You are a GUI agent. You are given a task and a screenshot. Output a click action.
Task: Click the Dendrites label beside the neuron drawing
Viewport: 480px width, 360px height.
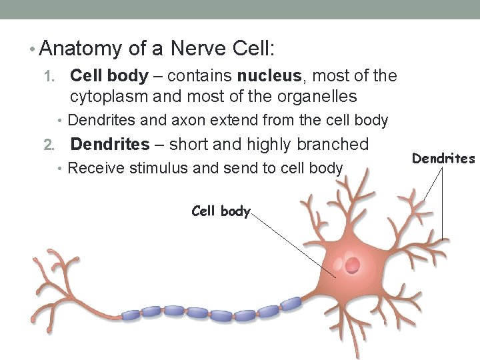tap(443, 159)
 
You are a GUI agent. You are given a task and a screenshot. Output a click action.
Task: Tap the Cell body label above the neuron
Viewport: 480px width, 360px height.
tap(220, 211)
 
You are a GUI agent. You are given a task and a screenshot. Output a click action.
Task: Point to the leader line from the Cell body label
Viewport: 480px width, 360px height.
tap(293, 245)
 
